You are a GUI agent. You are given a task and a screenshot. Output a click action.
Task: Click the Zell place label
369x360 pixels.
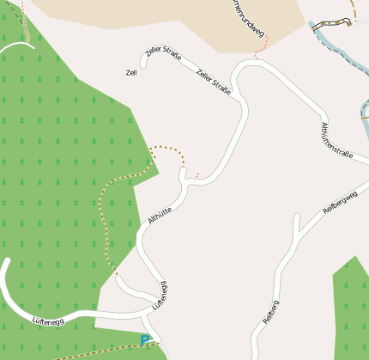(x=131, y=72)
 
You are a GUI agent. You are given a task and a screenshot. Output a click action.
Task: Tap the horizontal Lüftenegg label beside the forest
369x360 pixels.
(x=49, y=320)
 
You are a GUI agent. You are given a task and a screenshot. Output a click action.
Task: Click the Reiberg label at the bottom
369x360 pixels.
(x=267, y=318)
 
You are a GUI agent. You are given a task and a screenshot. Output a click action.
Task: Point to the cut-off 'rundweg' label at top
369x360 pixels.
(x=247, y=18)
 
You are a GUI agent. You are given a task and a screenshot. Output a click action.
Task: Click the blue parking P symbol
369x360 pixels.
(x=145, y=340)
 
